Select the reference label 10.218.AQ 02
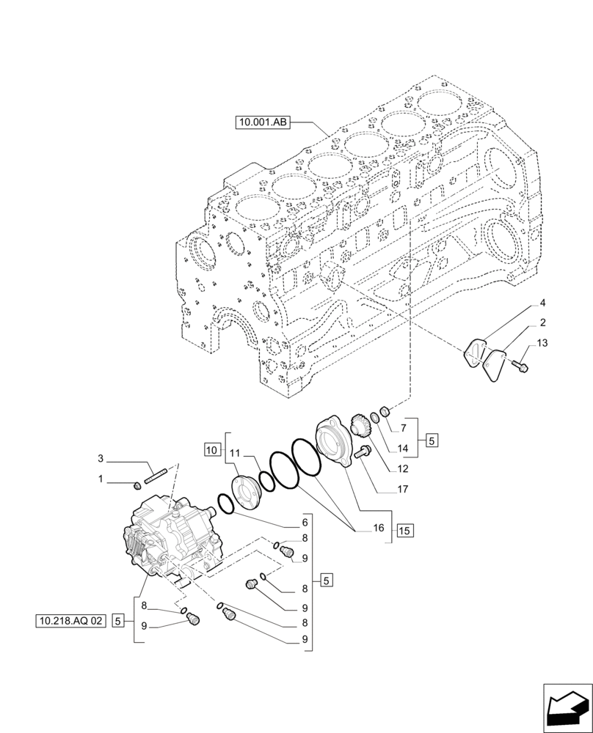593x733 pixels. tap(70, 621)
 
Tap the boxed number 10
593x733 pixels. tap(212, 448)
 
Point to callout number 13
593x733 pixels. tap(542, 343)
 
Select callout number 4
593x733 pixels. tap(542, 302)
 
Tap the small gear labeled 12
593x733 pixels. tap(359, 426)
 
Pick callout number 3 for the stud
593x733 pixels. tap(102, 460)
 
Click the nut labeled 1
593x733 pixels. tap(136, 485)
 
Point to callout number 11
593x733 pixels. tap(235, 454)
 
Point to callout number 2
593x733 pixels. tap(542, 323)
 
